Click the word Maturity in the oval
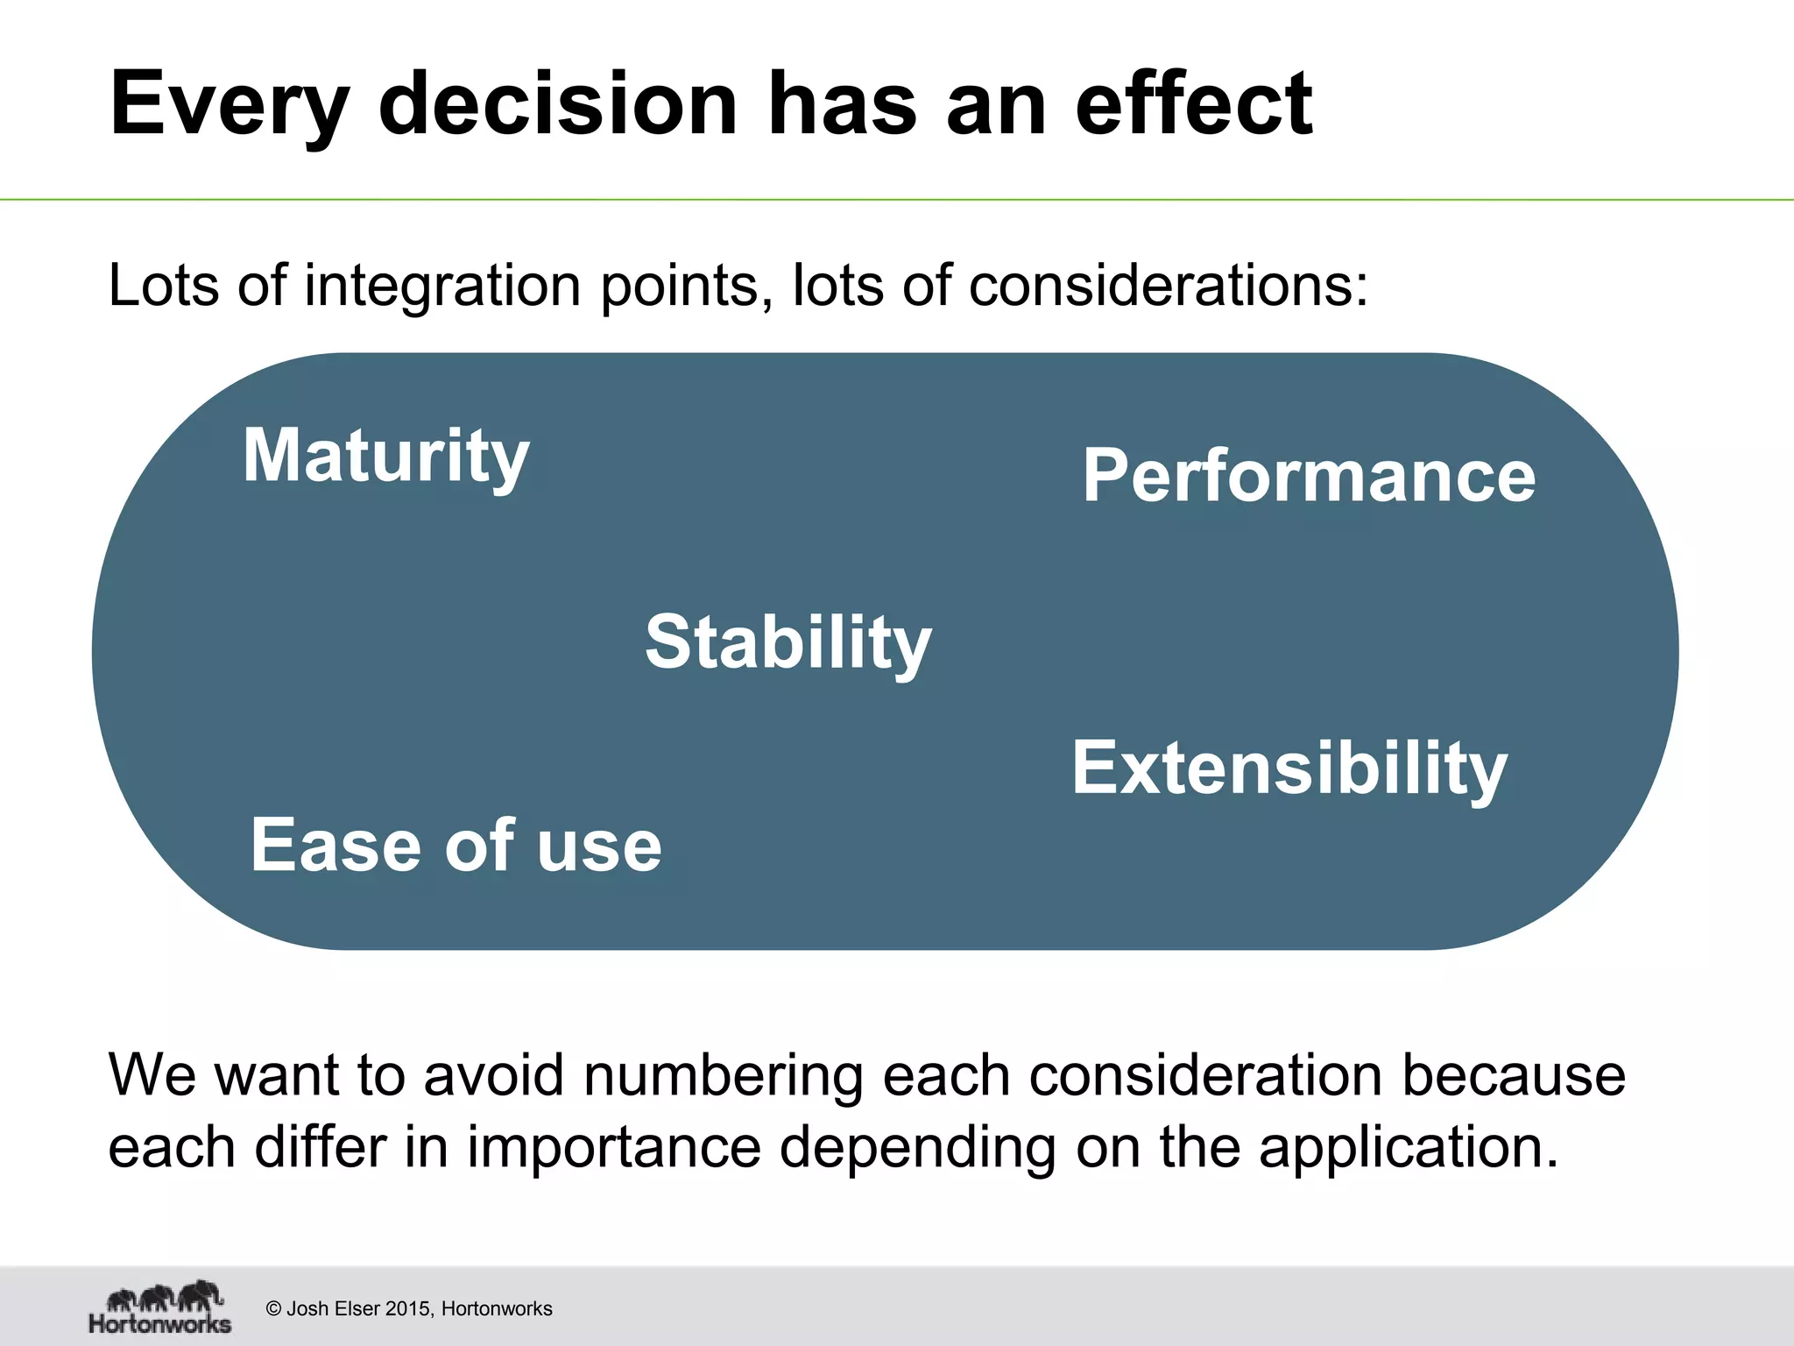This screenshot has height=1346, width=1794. point(385,457)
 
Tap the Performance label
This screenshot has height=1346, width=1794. point(1309,476)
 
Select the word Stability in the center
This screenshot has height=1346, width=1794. point(788,642)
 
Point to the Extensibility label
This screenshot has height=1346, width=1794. point(1289,769)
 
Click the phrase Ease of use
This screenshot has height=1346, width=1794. point(456,845)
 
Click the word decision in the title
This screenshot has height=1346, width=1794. point(558,104)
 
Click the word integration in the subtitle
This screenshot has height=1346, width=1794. point(442,287)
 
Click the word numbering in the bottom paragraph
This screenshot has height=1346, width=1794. point(724,1076)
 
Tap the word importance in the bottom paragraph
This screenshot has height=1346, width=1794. point(613,1148)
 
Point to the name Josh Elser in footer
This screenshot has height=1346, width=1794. point(334,1309)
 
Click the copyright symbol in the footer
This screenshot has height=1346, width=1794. point(273,1309)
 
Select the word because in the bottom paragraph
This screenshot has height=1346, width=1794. point(1514,1076)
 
